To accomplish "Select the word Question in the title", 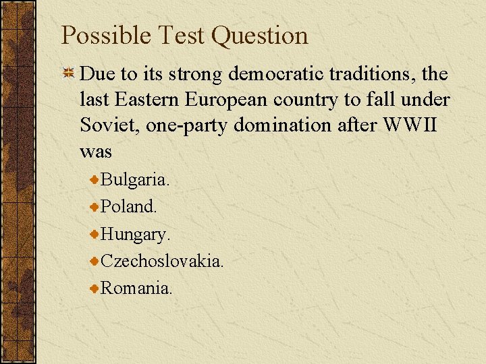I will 260,36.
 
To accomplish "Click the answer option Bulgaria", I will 135,180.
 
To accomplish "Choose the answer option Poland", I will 129,207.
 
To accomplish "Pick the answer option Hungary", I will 136,235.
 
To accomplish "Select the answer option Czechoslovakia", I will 162,261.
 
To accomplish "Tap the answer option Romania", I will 136,288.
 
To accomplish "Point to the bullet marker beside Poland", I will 95,206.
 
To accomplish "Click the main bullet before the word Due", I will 68,73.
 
